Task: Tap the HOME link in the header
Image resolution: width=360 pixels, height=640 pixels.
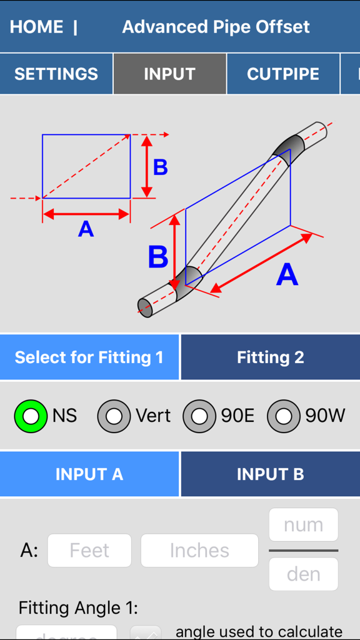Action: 36,27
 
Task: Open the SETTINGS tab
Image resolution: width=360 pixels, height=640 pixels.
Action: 56,74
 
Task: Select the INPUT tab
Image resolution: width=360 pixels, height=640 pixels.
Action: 169,74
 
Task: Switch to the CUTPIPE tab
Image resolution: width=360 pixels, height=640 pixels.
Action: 283,74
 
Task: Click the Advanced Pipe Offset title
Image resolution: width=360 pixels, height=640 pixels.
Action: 216,27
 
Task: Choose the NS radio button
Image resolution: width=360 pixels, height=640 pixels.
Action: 31,416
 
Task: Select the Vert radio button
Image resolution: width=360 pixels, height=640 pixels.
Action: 114,416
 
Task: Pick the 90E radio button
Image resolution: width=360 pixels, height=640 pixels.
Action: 199,416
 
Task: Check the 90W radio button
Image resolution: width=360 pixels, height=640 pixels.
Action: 284,416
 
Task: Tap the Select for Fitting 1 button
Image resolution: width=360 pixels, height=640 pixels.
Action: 89,357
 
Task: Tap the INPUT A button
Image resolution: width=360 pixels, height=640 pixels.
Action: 89,474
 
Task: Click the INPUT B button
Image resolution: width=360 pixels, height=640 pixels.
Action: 270,474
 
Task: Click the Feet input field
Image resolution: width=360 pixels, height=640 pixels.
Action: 89,551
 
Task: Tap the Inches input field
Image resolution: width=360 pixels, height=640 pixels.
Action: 199,551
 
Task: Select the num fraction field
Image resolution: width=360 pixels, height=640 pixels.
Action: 303,525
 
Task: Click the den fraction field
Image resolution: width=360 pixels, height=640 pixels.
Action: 303,574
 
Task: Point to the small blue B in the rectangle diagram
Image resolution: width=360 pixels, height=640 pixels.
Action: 161,167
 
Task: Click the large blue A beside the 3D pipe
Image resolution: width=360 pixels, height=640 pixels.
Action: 287,275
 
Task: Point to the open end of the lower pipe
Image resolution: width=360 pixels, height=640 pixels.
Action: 145,307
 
